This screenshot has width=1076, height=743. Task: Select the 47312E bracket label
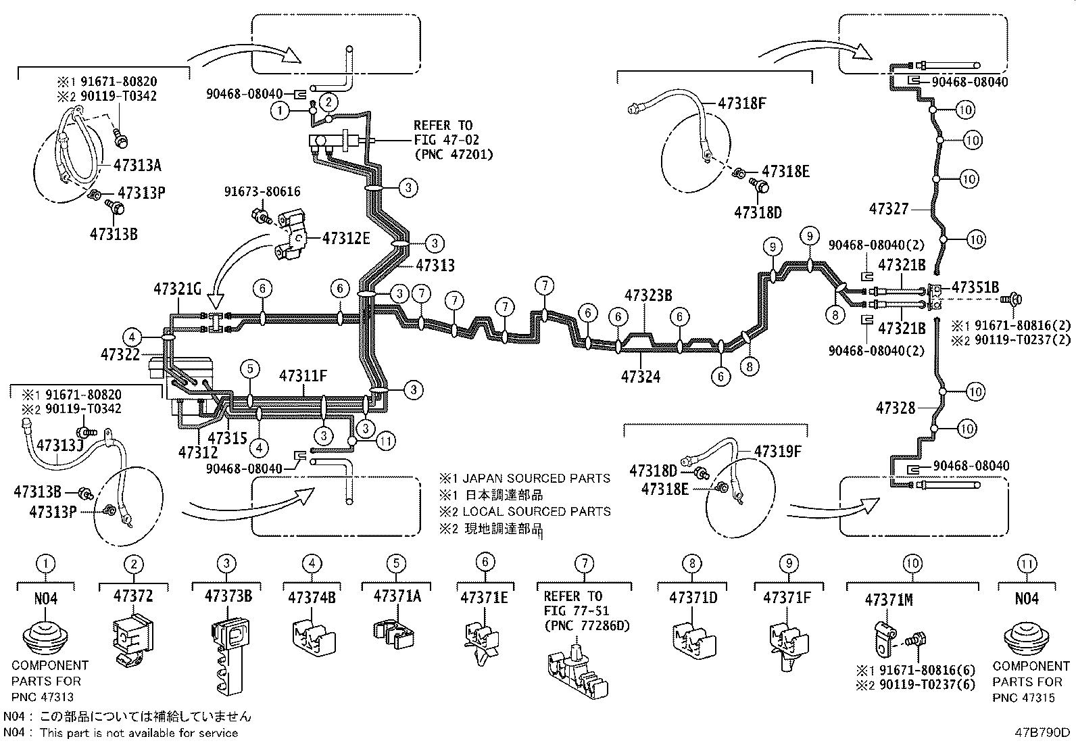346,238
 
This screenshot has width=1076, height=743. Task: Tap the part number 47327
888,210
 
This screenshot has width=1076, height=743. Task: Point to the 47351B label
975,287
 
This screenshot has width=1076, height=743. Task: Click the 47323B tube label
648,295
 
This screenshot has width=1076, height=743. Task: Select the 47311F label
303,376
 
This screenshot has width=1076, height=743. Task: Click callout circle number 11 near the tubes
386,441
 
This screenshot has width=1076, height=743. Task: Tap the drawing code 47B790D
1042,732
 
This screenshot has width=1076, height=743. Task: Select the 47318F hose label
742,103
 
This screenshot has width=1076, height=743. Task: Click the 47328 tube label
896,408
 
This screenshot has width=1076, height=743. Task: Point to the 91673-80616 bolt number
262,193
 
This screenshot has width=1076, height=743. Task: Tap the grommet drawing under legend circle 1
46,636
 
